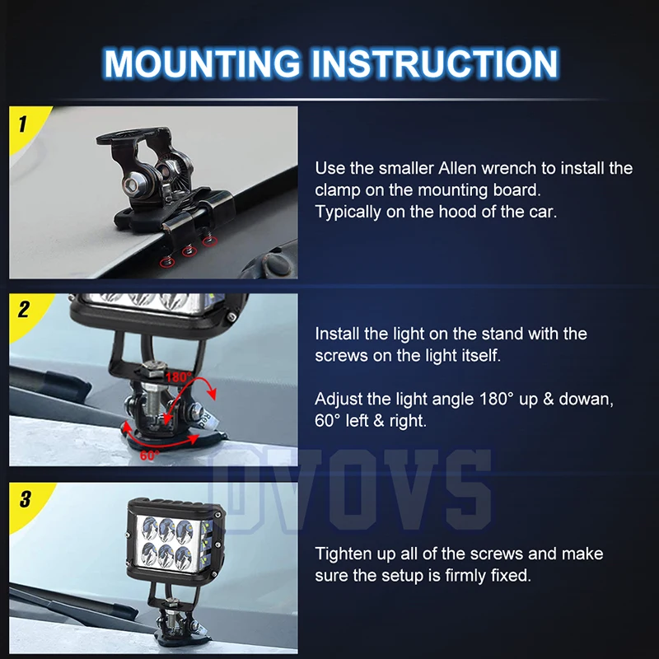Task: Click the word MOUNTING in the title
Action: coord(202,63)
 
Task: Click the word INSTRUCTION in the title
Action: coord(435,63)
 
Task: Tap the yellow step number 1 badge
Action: coord(26,126)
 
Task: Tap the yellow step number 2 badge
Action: coord(26,313)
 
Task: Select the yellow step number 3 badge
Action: coord(27,502)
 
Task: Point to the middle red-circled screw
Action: coord(189,251)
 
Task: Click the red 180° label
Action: coord(179,376)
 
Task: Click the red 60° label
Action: coord(150,456)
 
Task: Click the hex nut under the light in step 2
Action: coord(154,370)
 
